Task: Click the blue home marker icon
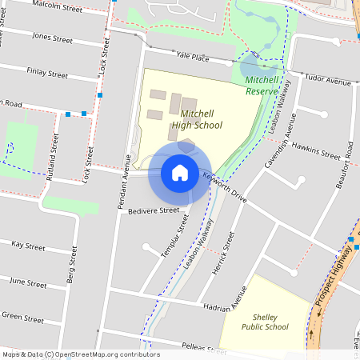(179, 172)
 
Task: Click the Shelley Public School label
(265, 322)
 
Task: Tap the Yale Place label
(193, 57)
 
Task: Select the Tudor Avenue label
(328, 81)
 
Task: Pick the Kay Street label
(29, 246)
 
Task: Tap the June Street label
(28, 282)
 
